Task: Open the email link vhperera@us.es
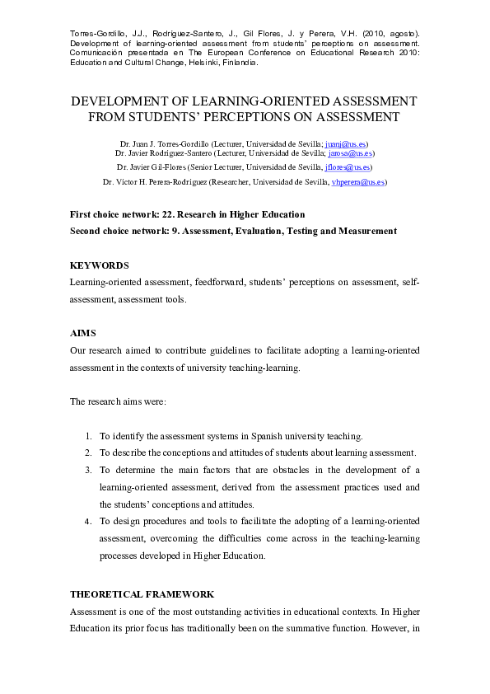click(x=357, y=181)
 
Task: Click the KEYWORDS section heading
click(x=100, y=265)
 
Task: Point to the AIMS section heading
click(x=83, y=333)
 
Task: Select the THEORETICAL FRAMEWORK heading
click(x=142, y=593)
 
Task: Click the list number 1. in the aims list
click(x=88, y=436)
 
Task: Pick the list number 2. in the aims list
click(x=88, y=453)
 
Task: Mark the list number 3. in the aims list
click(x=88, y=470)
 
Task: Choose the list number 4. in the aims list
click(x=88, y=522)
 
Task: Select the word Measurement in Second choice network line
click(x=366, y=231)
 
